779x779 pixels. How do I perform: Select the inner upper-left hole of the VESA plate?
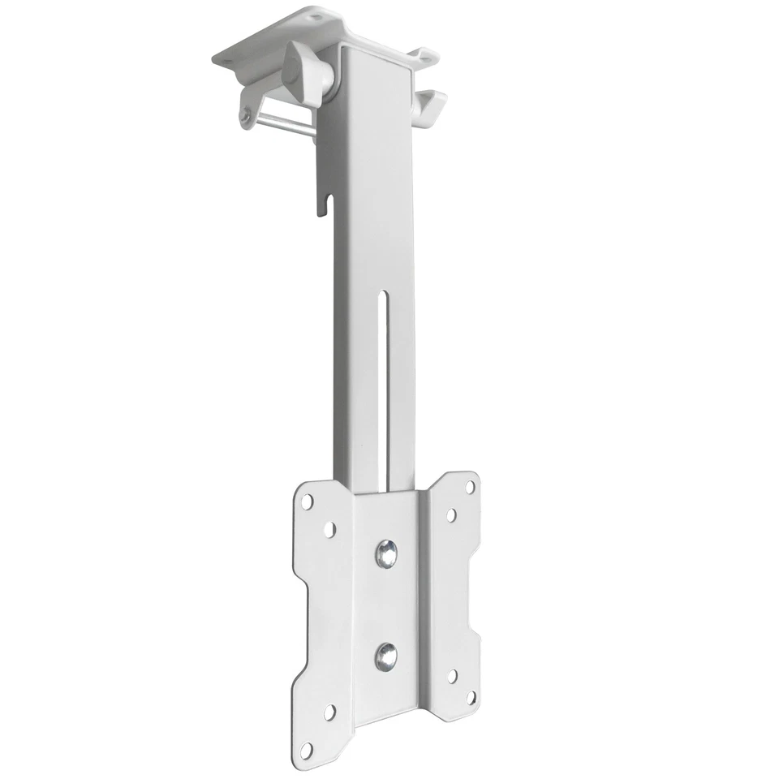coord(329,529)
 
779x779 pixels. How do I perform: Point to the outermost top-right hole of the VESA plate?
coord(469,487)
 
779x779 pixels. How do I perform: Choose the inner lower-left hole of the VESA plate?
coord(329,712)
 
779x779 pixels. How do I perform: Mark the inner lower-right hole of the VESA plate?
coord(450,676)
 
